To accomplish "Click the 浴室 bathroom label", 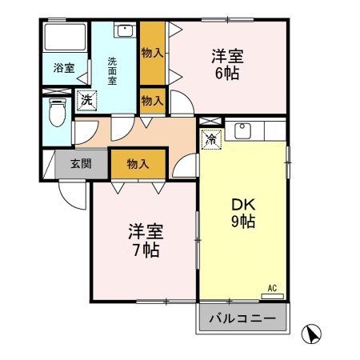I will [x=65, y=69].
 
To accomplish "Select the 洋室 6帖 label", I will [x=226, y=65].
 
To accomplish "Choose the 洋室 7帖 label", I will [x=146, y=240].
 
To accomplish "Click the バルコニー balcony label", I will [x=242, y=319].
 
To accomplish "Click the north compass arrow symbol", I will [x=314, y=333].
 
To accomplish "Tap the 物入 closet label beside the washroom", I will [x=153, y=54].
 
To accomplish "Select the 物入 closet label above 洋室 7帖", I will [x=138, y=164].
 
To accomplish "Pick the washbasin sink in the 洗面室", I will [x=126, y=32].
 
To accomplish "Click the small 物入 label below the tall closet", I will [x=153, y=101].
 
